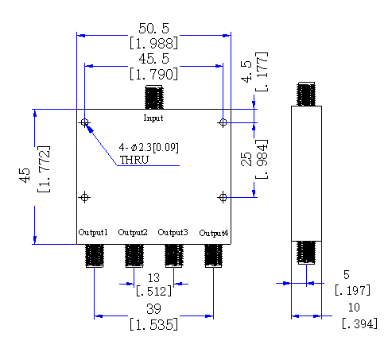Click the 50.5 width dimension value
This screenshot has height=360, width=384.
point(153,29)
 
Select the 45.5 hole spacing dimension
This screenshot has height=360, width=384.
point(153,59)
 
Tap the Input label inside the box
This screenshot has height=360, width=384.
point(153,118)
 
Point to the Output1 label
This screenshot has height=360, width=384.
point(93,232)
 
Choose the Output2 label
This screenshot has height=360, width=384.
point(133,232)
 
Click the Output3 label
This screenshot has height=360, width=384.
point(173,232)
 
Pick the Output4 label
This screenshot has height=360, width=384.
point(214,233)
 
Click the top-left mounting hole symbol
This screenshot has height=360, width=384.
point(84,122)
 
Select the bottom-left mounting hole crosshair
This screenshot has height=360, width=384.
point(84,197)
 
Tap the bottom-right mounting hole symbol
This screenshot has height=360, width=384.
point(223,197)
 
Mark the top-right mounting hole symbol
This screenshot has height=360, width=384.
point(223,122)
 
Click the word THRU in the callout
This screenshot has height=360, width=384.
point(134,160)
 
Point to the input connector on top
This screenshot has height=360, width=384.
point(153,97)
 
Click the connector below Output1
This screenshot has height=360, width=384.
point(95,256)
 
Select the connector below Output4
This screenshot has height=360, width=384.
point(213,256)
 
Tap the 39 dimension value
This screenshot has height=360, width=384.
point(153,309)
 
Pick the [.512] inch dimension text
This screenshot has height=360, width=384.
point(153,291)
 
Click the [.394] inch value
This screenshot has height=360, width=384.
point(359,323)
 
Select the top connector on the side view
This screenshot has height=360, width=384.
point(306,94)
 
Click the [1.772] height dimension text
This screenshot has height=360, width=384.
point(44,169)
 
